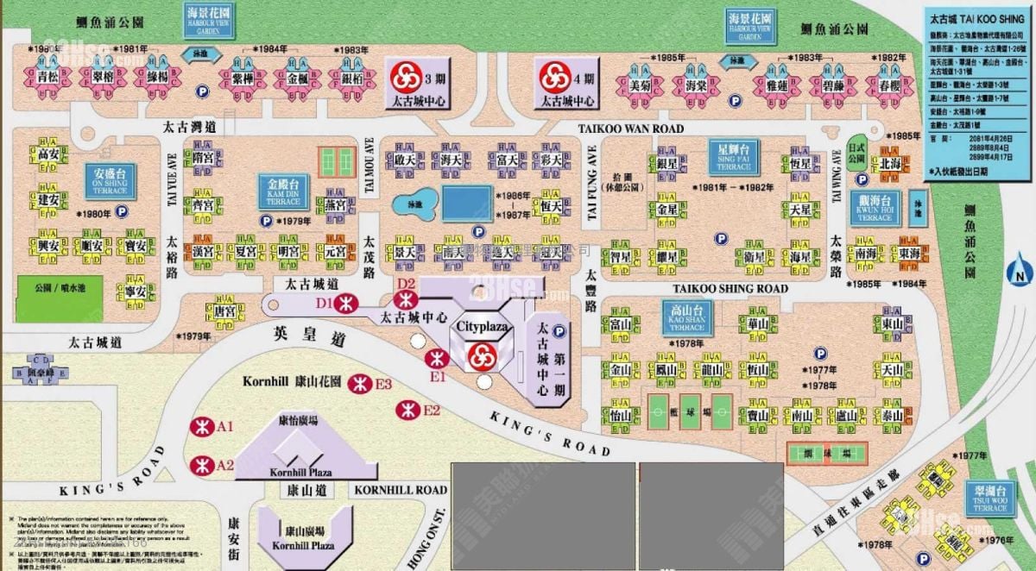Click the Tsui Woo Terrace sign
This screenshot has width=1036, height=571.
(989, 498)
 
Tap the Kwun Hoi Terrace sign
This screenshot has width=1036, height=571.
(872, 207)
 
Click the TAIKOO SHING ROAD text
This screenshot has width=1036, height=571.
(730, 288)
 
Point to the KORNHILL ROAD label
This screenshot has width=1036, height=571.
(401, 490)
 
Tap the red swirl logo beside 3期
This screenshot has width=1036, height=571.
(402, 78)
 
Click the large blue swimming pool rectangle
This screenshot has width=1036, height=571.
(467, 204)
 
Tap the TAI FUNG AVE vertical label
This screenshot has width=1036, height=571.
(593, 190)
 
